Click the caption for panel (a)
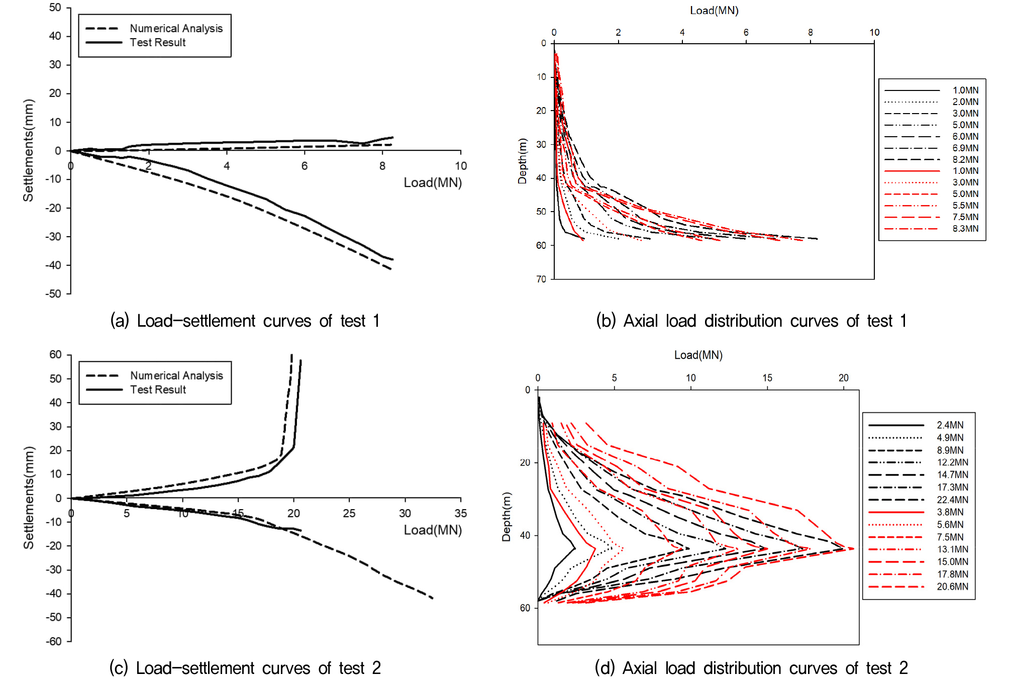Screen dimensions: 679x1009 pyautogui.click(x=245, y=321)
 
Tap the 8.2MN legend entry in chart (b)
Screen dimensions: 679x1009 pyautogui.click(x=965, y=159)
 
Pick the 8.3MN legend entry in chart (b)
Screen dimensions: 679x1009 pyautogui.click(x=965, y=229)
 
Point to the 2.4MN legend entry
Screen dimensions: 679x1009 pyautogui.click(x=950, y=425)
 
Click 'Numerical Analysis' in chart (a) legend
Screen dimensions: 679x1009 pyautogui.click(x=176, y=28)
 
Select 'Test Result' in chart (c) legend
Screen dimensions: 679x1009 pyautogui.click(x=158, y=390)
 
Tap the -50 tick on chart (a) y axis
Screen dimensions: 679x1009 pyautogui.click(x=53, y=294)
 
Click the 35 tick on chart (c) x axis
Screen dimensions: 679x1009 pyautogui.click(x=460, y=513)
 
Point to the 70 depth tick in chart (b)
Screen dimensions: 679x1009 pyautogui.click(x=541, y=279)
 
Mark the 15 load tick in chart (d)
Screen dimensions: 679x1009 pyautogui.click(x=767, y=378)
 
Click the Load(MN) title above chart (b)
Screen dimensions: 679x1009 pyautogui.click(x=714, y=11)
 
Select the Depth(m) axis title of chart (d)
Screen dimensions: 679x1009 pyautogui.click(x=506, y=517)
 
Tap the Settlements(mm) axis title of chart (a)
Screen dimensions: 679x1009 pyautogui.click(x=28, y=151)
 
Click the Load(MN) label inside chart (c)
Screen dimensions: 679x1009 pyautogui.click(x=432, y=530)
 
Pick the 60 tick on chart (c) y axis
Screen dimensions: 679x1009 pyautogui.click(x=55, y=355)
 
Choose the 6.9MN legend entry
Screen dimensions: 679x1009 pyautogui.click(x=965, y=148)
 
